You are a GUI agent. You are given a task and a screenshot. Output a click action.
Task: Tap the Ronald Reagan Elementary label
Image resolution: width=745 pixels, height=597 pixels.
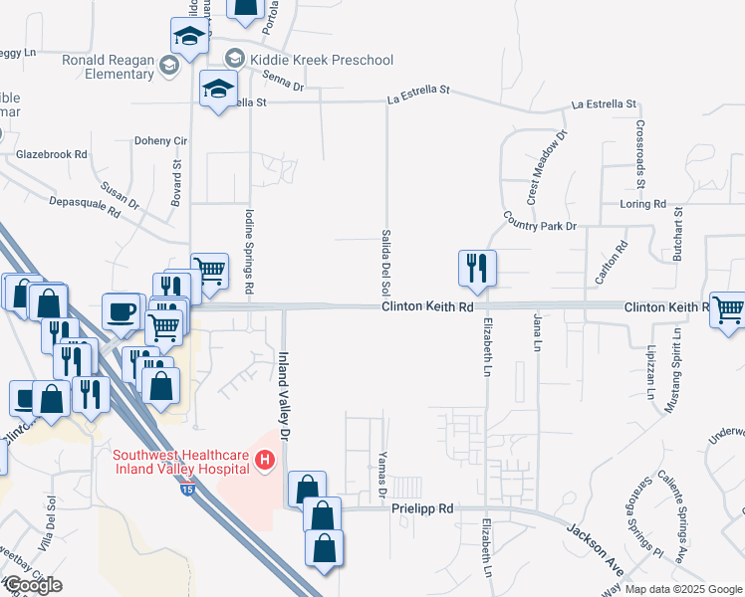tap(108, 66)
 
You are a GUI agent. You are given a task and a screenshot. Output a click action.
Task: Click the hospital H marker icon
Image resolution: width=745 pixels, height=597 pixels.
tap(265, 461)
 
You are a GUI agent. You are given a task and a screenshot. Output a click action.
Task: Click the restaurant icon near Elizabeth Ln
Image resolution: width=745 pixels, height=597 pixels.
tap(477, 268)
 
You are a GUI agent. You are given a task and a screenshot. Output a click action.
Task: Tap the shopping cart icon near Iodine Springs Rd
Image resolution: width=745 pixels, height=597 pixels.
tap(209, 270)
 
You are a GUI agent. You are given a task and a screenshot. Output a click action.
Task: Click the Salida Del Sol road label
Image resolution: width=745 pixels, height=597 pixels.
tap(385, 262)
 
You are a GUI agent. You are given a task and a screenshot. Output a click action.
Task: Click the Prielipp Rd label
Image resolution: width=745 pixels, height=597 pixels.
tap(423, 508)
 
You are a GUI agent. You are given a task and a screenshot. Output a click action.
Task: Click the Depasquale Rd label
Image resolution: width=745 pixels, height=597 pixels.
tap(85, 205)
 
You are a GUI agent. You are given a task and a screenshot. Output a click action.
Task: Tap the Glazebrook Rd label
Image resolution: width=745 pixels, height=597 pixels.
tap(52, 155)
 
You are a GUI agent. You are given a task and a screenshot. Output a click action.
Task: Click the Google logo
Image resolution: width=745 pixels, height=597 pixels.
tap(32, 585)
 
